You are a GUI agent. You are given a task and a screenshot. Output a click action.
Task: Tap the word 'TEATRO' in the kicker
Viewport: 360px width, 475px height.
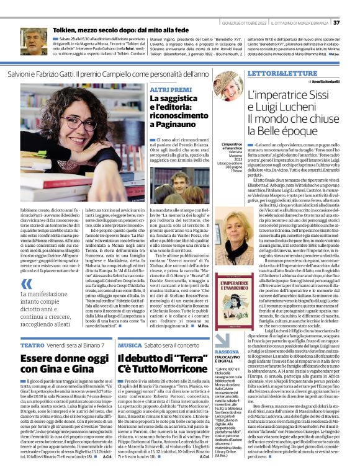[x=32, y=344]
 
